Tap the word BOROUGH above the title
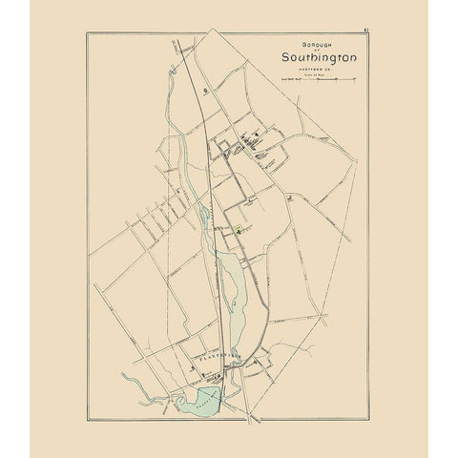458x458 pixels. tap(297, 45)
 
